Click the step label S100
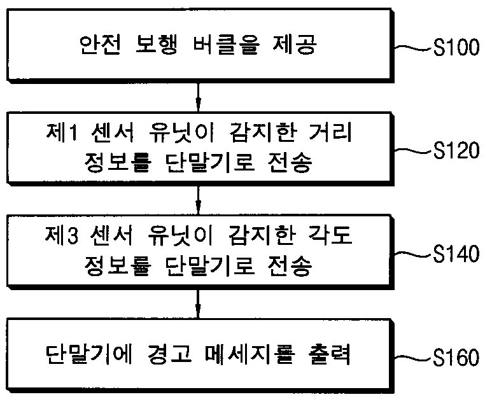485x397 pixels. (x=456, y=48)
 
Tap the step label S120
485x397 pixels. (x=456, y=150)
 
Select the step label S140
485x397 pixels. (x=456, y=254)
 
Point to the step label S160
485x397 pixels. (x=456, y=358)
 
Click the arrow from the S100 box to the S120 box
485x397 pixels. (x=199, y=97)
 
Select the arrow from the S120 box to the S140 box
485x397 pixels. (x=199, y=200)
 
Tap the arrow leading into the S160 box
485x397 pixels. (x=199, y=303)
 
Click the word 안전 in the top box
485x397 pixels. (x=99, y=45)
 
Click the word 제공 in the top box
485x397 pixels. (x=296, y=45)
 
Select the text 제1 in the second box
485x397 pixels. (x=62, y=132)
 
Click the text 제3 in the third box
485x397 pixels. (x=62, y=235)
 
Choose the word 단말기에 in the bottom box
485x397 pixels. (x=90, y=354)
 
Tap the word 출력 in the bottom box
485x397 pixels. (x=329, y=354)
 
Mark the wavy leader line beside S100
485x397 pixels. (x=413, y=48)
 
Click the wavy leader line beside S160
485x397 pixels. (x=413, y=358)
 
